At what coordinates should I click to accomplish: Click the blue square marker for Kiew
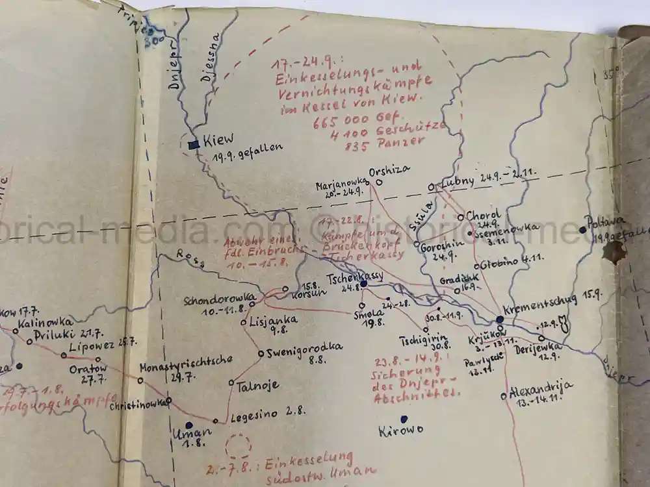(x=193, y=145)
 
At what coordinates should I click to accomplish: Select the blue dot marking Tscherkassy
(x=364, y=284)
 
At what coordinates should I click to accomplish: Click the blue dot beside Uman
(x=189, y=425)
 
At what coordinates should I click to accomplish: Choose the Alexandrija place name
(x=541, y=388)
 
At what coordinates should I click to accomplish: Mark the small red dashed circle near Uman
(x=238, y=447)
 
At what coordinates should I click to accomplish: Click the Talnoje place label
(x=257, y=385)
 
